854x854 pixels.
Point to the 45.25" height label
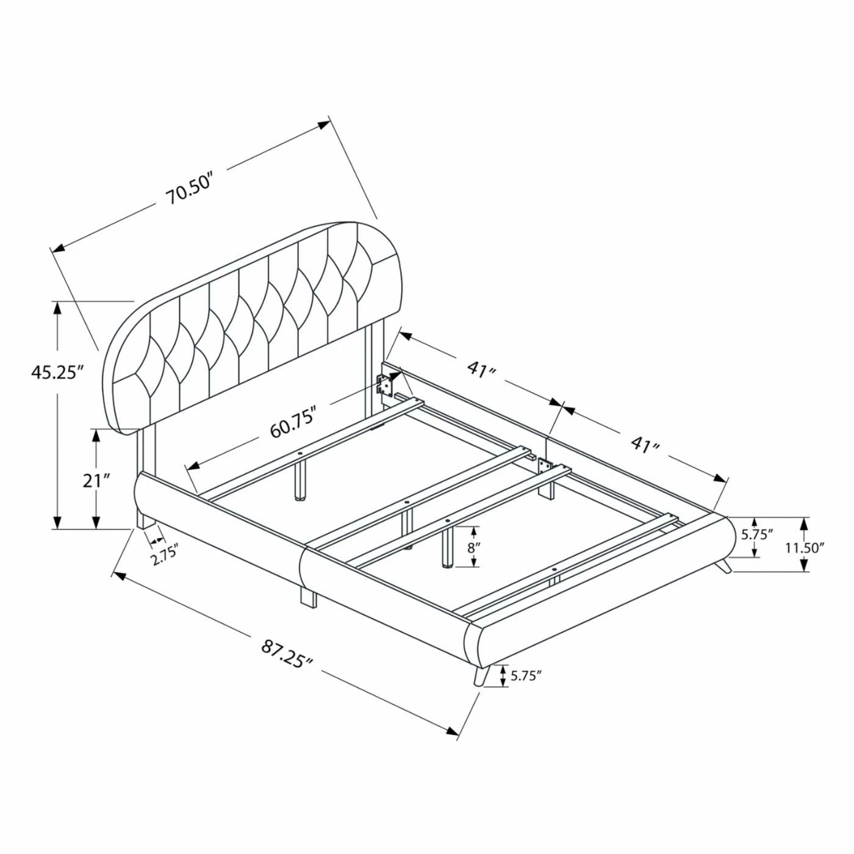tap(57, 371)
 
